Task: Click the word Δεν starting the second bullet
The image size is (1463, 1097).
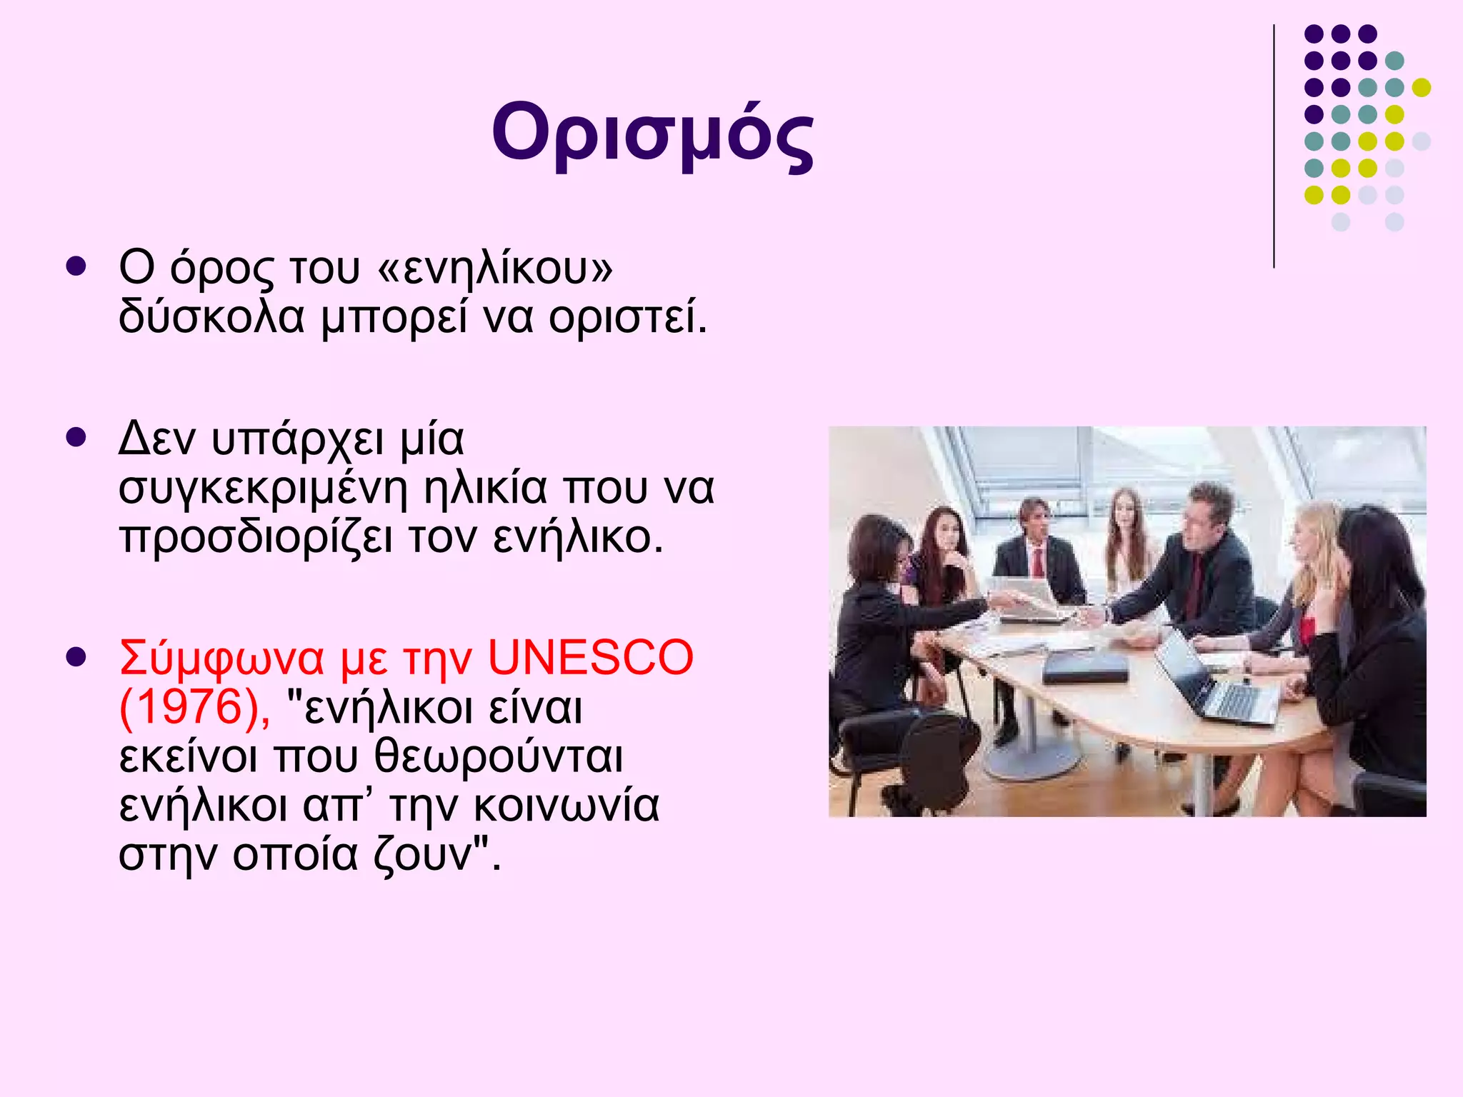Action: click(x=156, y=439)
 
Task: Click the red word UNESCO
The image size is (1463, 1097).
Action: click(x=590, y=658)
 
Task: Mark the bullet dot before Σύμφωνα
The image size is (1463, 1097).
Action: click(x=76, y=656)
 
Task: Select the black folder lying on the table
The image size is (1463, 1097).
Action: click(x=1084, y=667)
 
